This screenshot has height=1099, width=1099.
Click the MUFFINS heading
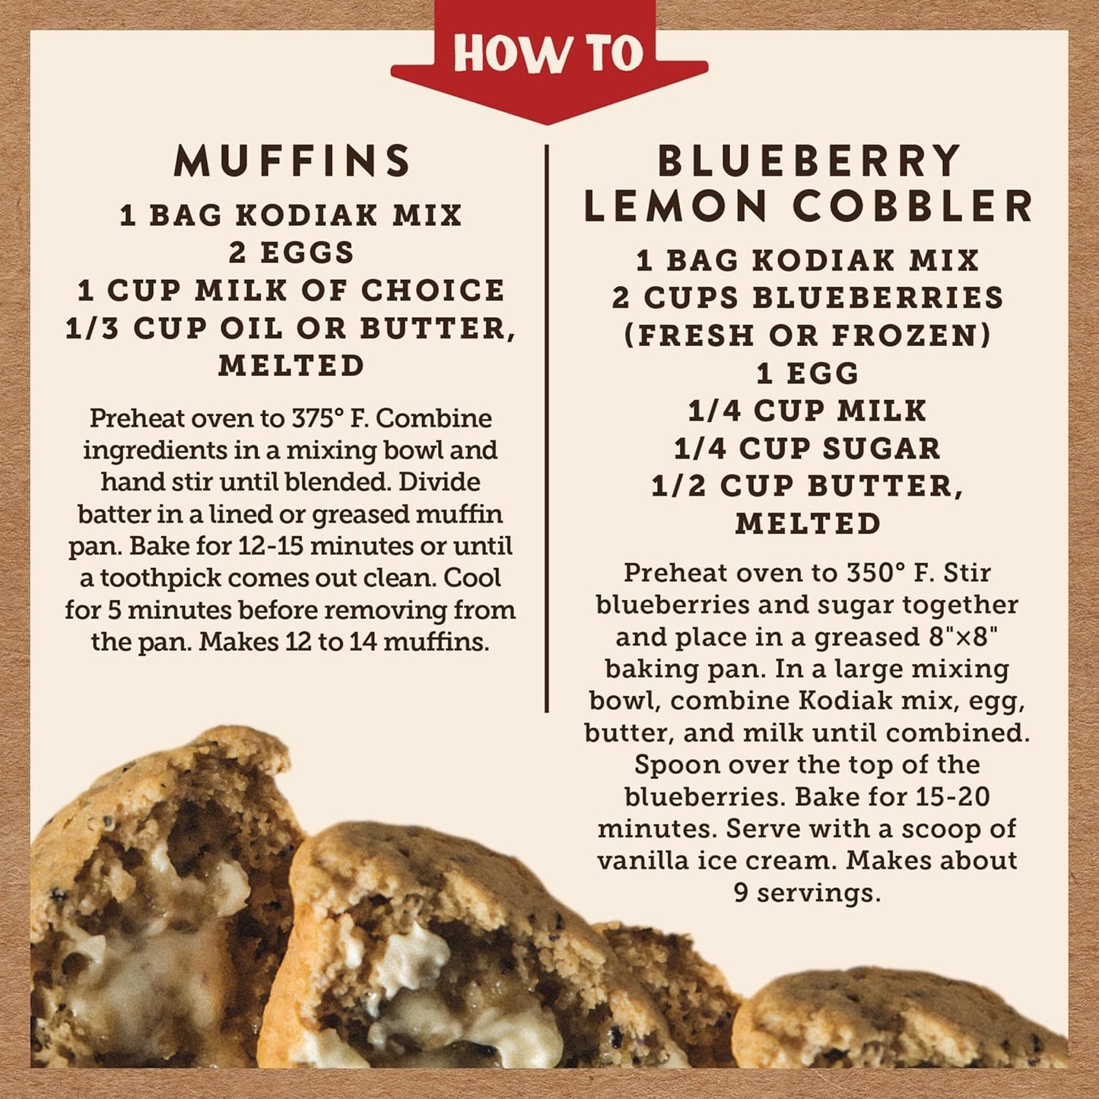(293, 161)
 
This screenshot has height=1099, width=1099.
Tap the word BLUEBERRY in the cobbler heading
(809, 161)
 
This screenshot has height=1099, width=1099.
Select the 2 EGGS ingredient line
(292, 253)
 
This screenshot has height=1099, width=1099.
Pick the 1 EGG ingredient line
(808, 373)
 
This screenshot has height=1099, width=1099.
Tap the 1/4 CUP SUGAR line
(808, 449)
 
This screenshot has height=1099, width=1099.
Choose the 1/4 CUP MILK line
(808, 411)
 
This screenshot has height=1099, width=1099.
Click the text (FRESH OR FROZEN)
(808, 335)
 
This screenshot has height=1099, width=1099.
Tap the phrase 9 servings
(808, 892)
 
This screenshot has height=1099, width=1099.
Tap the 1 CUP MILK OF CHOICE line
(292, 291)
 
